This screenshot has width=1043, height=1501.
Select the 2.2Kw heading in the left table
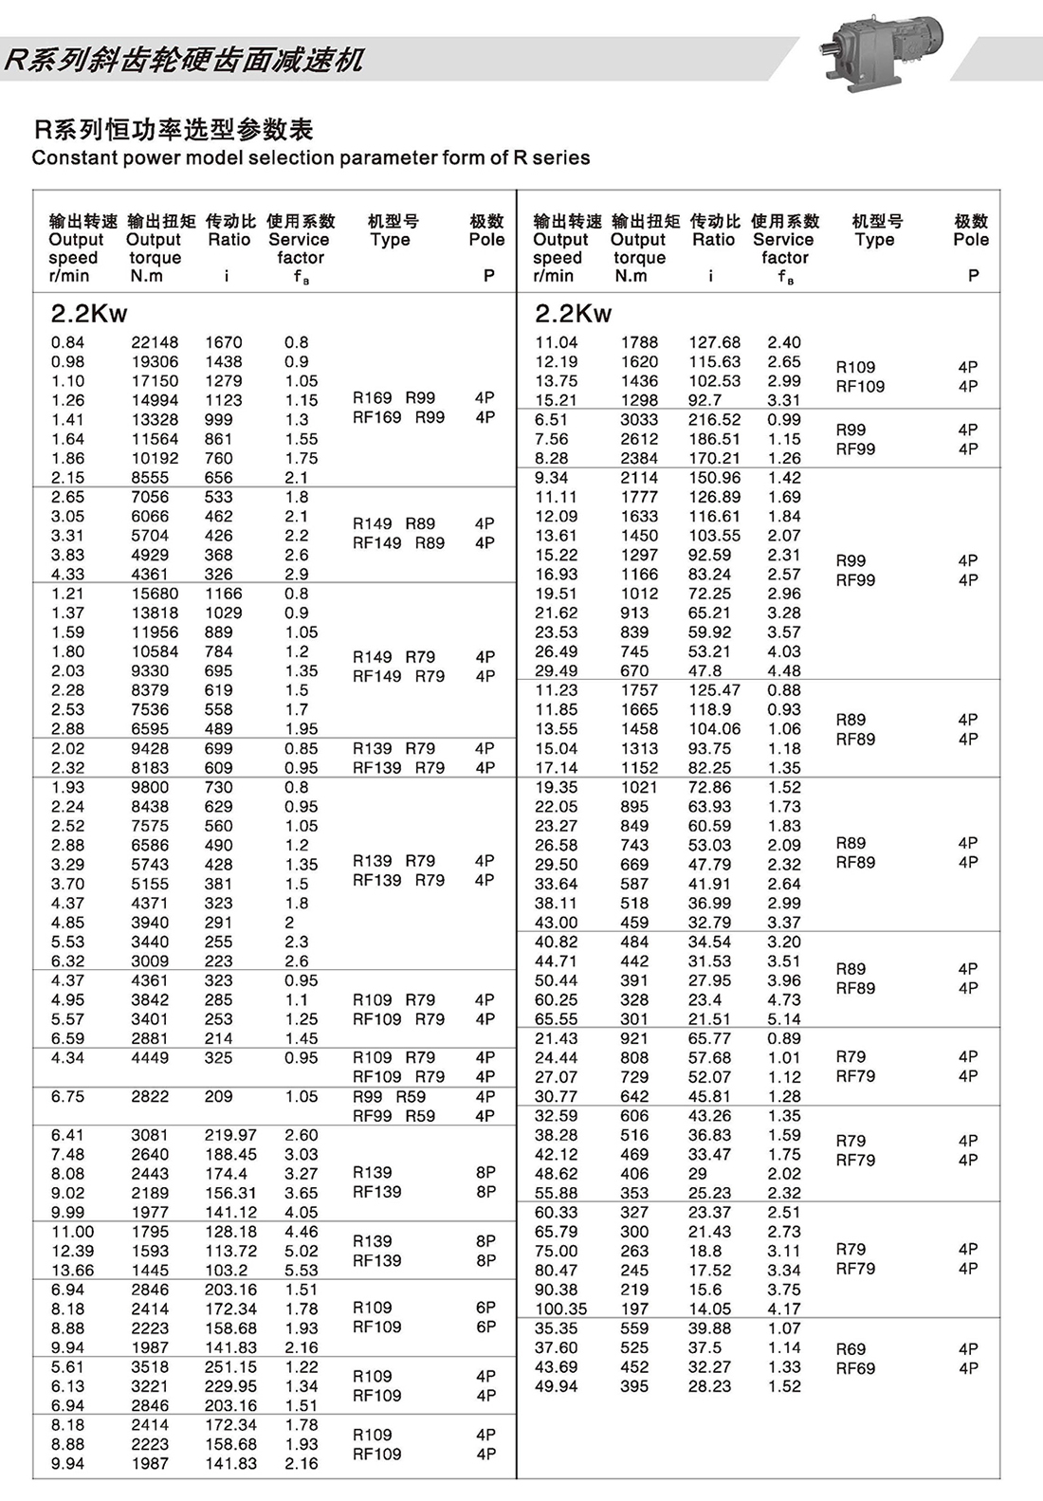tap(89, 314)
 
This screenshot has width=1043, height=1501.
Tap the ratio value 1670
tap(224, 342)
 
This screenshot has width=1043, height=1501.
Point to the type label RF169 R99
tap(398, 417)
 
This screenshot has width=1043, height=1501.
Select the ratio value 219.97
tap(230, 1135)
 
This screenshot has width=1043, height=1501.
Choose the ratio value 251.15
tap(230, 1366)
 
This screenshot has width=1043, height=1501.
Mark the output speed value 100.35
tap(560, 1309)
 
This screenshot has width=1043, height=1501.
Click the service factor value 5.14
tap(784, 1019)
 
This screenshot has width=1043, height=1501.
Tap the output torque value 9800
tap(150, 787)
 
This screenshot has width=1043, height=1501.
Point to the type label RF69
tap(855, 1368)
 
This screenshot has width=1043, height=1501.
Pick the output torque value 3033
tap(639, 419)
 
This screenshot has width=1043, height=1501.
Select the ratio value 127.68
tap(715, 342)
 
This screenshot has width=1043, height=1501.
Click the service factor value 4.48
tap(784, 670)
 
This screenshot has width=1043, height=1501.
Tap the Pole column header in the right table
tap(971, 240)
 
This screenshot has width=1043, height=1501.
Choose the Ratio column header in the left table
tap(229, 240)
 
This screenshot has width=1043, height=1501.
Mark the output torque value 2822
tap(150, 1096)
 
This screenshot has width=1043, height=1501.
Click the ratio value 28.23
tap(710, 1386)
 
